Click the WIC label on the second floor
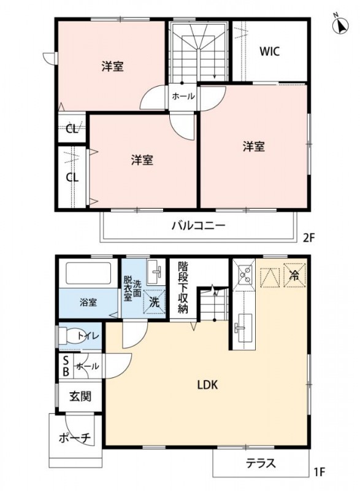click(269, 52)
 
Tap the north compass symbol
click(339, 25)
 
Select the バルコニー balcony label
click(197, 225)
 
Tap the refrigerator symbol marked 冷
click(294, 276)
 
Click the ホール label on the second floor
click(183, 96)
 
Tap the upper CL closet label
click(72, 129)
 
